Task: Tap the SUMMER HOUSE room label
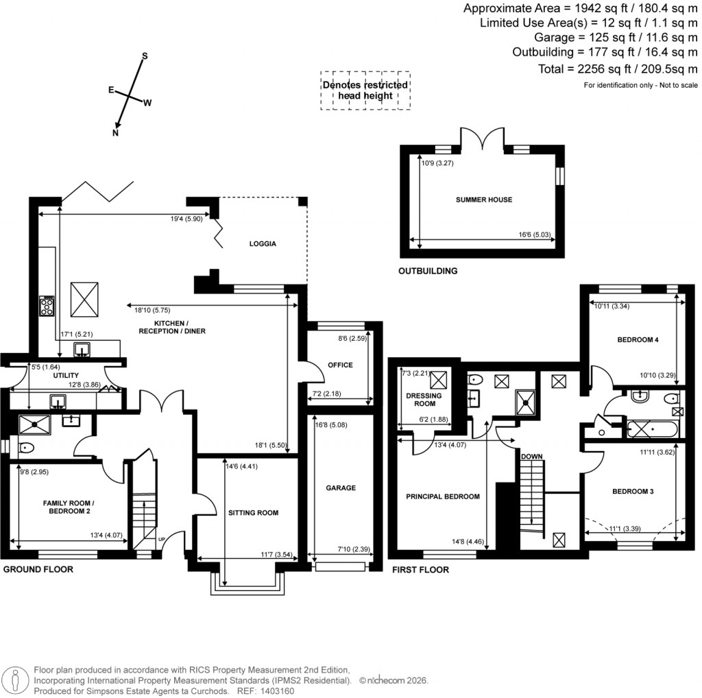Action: tap(484, 200)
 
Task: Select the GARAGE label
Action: tap(341, 488)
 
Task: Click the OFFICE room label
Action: tap(340, 365)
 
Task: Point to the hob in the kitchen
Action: tap(47, 306)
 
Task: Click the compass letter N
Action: tap(115, 133)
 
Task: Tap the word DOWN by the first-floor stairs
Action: tap(532, 456)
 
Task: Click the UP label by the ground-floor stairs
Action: tap(162, 539)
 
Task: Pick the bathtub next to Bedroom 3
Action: tap(651, 431)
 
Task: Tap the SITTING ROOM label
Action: tap(254, 512)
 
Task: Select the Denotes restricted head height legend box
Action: tap(365, 91)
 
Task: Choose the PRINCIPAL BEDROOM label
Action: tap(442, 496)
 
